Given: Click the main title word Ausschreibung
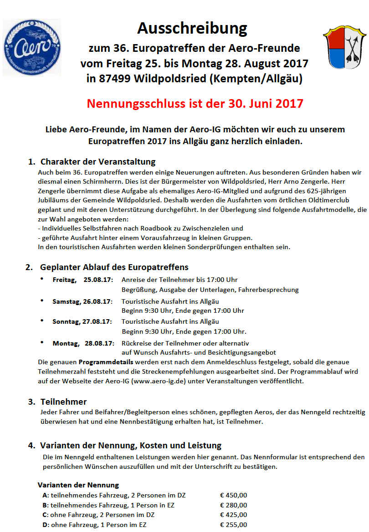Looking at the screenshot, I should coord(192,29).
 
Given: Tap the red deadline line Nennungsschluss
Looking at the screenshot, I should coord(195,103).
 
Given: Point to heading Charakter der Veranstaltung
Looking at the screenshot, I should coord(98,161).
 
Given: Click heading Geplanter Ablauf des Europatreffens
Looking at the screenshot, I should coord(114,267).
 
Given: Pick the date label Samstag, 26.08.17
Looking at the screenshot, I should coord(82,301).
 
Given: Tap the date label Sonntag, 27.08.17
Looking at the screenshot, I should coord(82,321).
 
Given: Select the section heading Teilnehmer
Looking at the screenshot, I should coord(63,402).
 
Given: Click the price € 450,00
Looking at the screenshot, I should coord(233,495).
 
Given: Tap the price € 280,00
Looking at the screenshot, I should coord(233,505).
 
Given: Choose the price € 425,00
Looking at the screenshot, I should coord(233,515).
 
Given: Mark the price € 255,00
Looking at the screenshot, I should coord(233,525).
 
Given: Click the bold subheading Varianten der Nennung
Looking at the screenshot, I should coord(78,485).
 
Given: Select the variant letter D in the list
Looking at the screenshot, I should coord(45,525).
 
